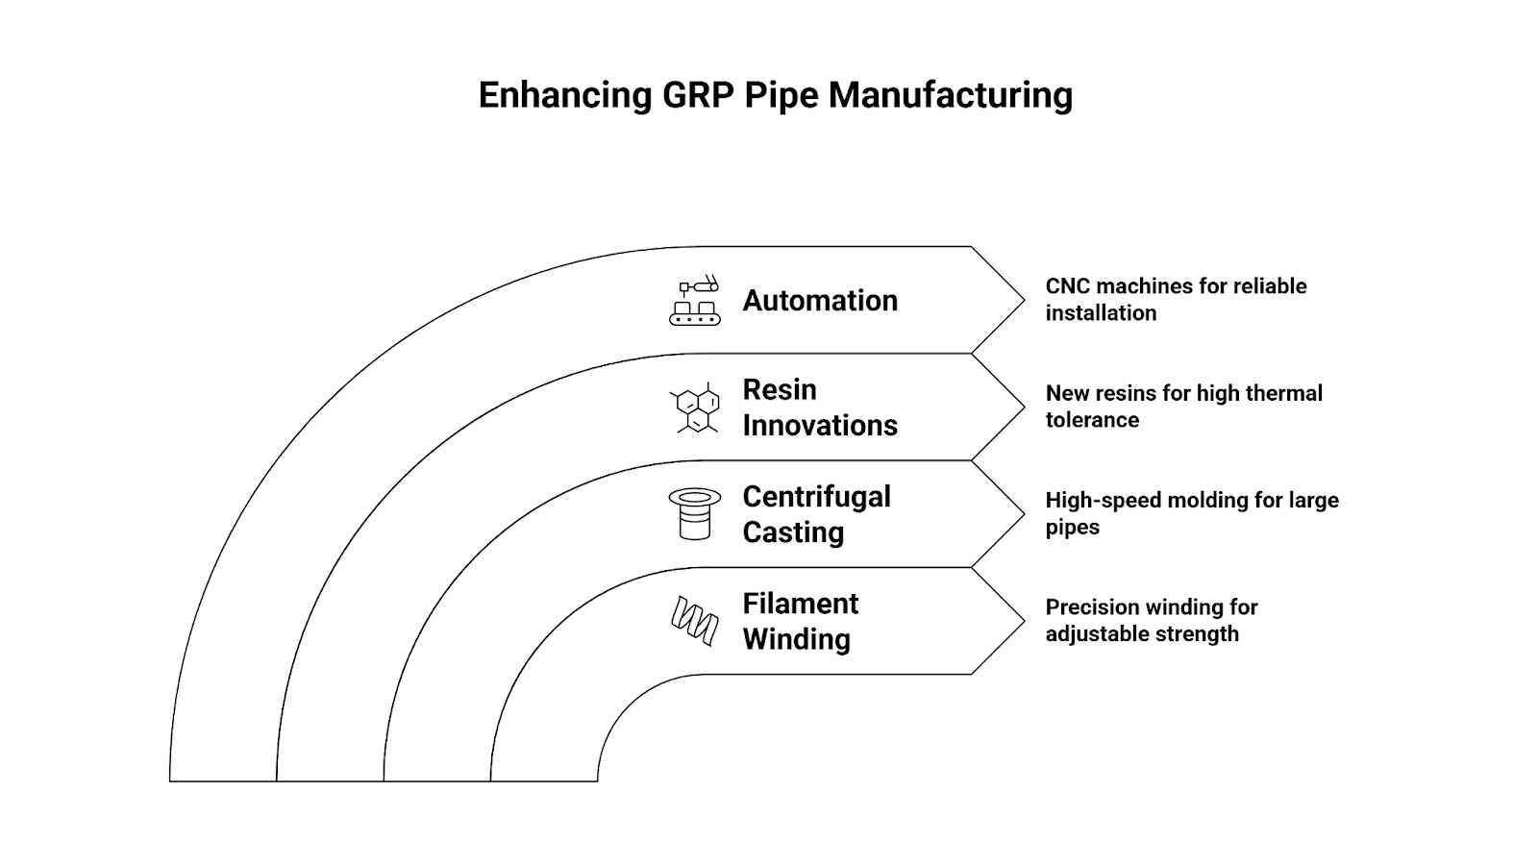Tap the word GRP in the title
point(698,96)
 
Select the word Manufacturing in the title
point(950,96)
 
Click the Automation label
point(820,301)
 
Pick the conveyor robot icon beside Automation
point(694,300)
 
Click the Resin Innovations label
point(819,408)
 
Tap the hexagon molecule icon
point(695,408)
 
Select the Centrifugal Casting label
point(816,514)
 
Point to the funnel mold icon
point(694,514)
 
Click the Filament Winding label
point(800,621)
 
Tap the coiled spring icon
point(694,621)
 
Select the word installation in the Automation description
point(1101,313)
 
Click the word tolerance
point(1092,420)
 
